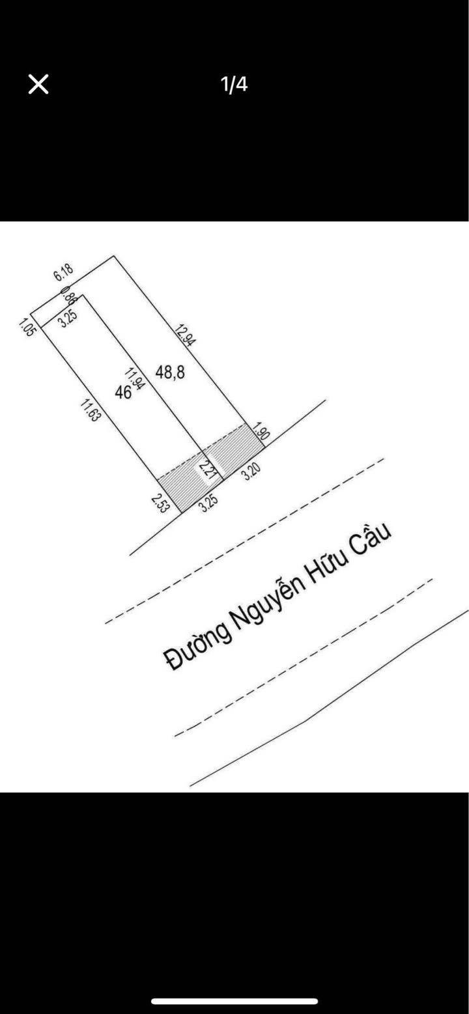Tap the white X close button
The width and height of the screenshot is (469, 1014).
38,84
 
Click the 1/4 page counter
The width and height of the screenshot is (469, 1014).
234,84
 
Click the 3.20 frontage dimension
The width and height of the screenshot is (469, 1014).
250,472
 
